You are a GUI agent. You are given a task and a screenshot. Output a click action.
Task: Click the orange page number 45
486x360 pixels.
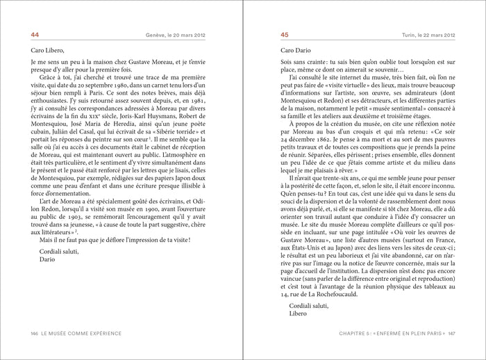pyautogui.click(x=285, y=35)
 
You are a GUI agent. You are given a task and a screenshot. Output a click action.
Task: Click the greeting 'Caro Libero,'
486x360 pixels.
pyautogui.click(x=47, y=50)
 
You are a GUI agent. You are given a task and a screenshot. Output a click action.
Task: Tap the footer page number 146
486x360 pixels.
pyautogui.click(x=34, y=333)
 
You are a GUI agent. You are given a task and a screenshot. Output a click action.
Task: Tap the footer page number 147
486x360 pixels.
pyautogui.click(x=451, y=334)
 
